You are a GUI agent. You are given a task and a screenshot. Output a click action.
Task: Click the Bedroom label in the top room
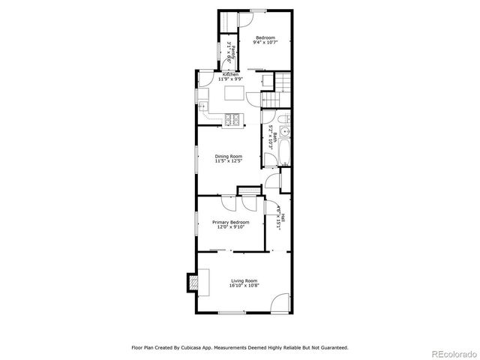tap(265, 38)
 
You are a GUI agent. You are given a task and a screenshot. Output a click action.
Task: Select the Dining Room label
tap(228, 155)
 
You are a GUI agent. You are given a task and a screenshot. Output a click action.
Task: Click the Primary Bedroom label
tap(230, 222)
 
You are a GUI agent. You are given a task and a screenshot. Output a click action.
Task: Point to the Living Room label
tap(244, 280)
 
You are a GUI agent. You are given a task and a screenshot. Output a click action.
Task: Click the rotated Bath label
tap(274, 137)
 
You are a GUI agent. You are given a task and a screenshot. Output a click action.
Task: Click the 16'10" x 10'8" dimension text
tap(244, 286)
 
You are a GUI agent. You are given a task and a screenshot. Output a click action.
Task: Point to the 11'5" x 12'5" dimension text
tap(228, 161)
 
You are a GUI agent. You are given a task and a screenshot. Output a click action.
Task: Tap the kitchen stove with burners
tap(234, 118)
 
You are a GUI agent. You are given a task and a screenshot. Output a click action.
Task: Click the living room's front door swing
tap(281, 302)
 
